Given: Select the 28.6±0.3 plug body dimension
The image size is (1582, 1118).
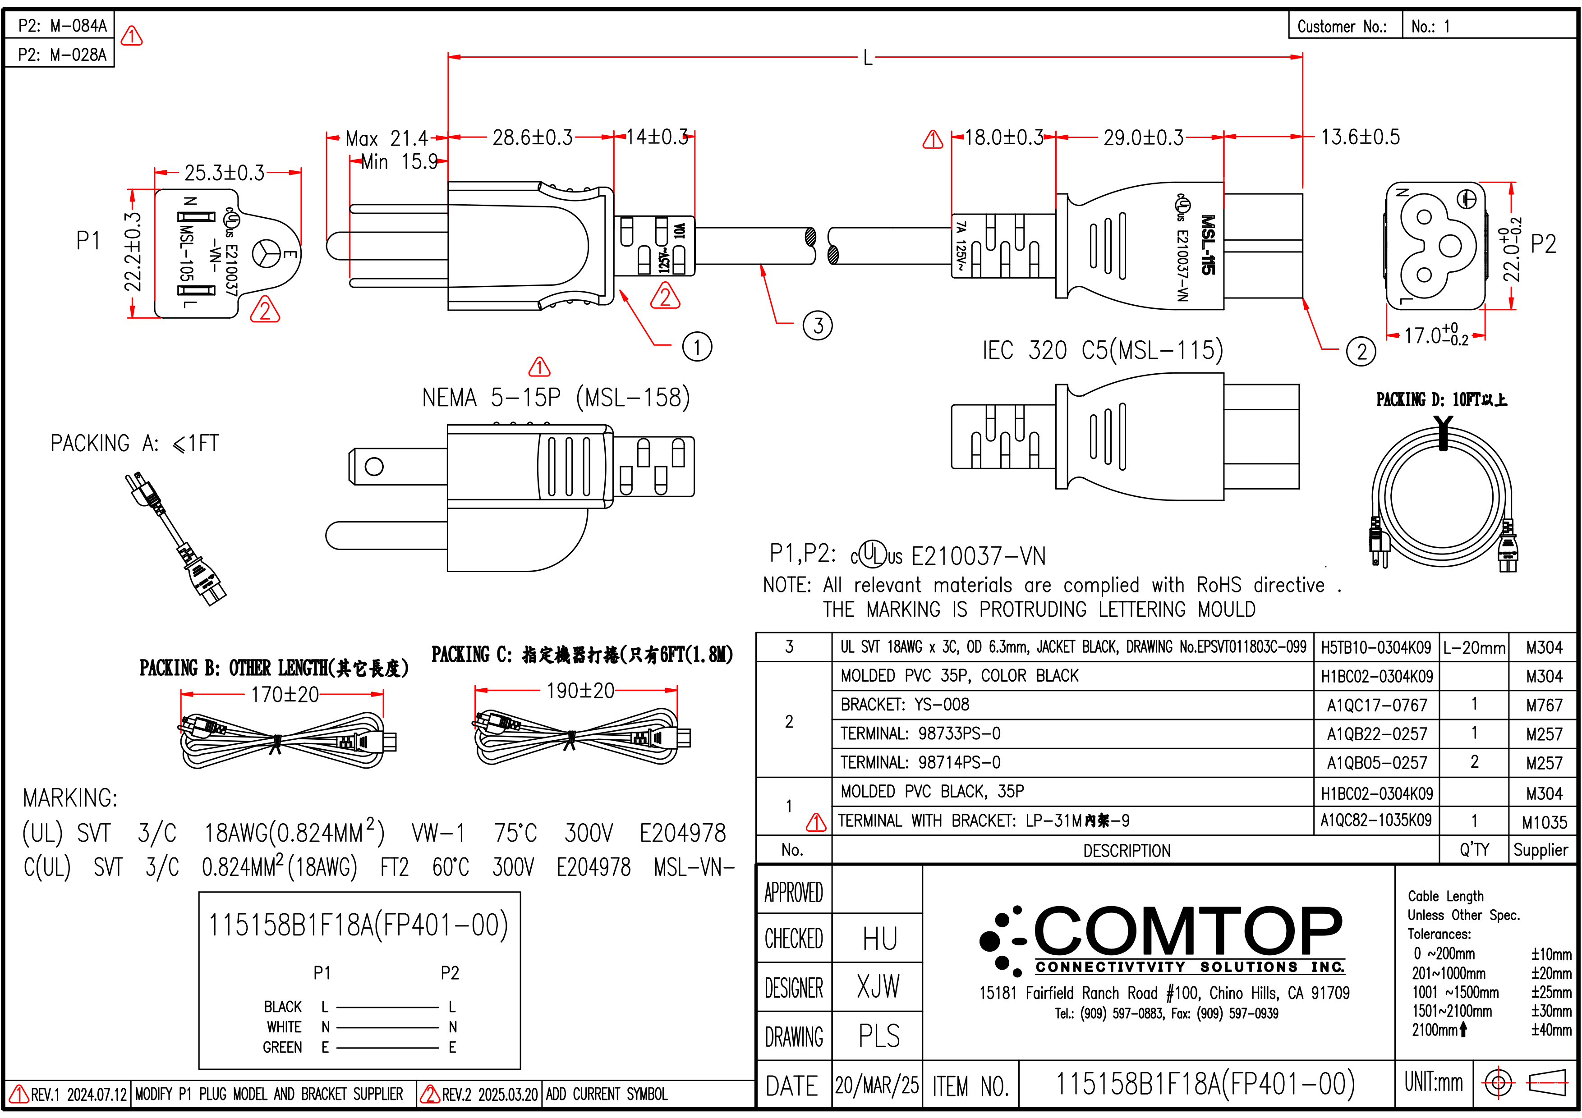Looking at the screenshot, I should pos(532,138).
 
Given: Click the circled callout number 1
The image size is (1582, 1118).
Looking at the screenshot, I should pos(697,347).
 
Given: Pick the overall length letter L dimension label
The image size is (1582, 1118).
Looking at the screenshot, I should pos(868,58).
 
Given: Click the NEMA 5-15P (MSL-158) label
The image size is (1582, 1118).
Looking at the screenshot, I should pos(556,398).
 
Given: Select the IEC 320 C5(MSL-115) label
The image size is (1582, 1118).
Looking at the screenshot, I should pos(1103,351).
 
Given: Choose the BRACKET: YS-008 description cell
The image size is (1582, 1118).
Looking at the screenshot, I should pos(905,705).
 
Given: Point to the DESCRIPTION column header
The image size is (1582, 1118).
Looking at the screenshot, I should pos(1127,851).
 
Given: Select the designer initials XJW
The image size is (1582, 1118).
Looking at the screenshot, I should pos(878,986).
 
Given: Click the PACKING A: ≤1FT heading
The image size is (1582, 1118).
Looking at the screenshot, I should pos(135,444).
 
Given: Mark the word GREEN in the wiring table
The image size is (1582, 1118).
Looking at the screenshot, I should pos(282,1048).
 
